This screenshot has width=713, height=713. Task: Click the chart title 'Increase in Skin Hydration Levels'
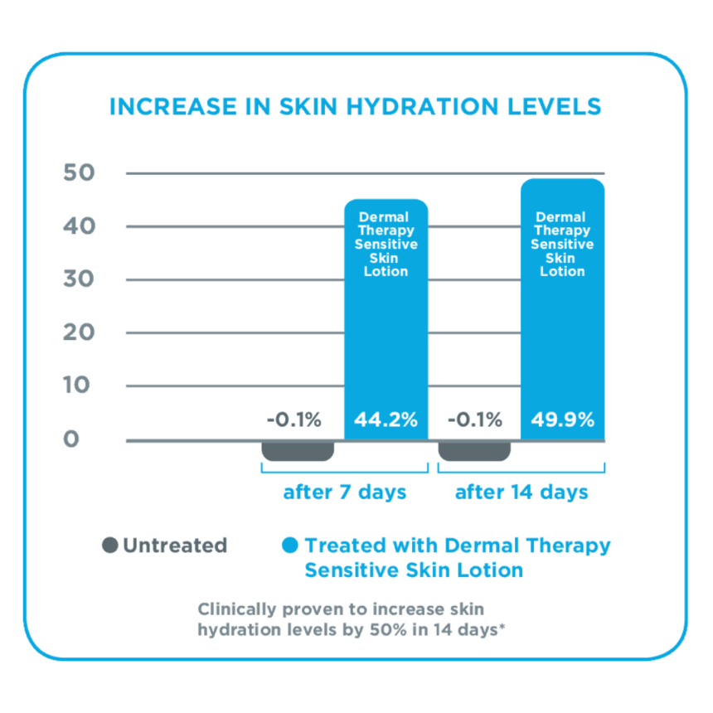pyautogui.click(x=355, y=107)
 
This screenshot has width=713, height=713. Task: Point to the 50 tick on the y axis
pyautogui.click(x=80, y=173)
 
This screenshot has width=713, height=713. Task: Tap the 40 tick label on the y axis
pyautogui.click(x=80, y=226)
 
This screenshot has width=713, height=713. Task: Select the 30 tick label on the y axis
pyautogui.click(x=80, y=279)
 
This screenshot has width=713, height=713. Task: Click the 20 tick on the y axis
pyautogui.click(x=80, y=332)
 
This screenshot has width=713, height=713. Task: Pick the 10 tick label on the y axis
pyautogui.click(x=80, y=386)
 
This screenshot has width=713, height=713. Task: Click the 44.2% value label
pyautogui.click(x=386, y=420)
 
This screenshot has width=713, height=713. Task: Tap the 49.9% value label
pyautogui.click(x=563, y=420)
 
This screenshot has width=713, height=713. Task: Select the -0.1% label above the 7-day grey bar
pyautogui.click(x=293, y=420)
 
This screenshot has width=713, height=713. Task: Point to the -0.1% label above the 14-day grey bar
pyautogui.click(x=474, y=420)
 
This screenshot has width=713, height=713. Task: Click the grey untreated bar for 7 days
pyautogui.click(x=298, y=450)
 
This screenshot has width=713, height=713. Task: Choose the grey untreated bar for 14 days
pyautogui.click(x=474, y=450)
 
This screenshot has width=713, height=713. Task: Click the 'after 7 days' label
pyautogui.click(x=345, y=492)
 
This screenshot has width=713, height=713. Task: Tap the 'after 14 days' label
pyautogui.click(x=521, y=492)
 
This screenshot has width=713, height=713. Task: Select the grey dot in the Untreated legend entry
pyautogui.click(x=109, y=546)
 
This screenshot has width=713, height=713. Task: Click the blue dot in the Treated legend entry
pyautogui.click(x=289, y=546)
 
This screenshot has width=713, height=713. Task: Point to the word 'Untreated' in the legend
pyautogui.click(x=175, y=546)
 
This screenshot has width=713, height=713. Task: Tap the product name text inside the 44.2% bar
pyautogui.click(x=386, y=245)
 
